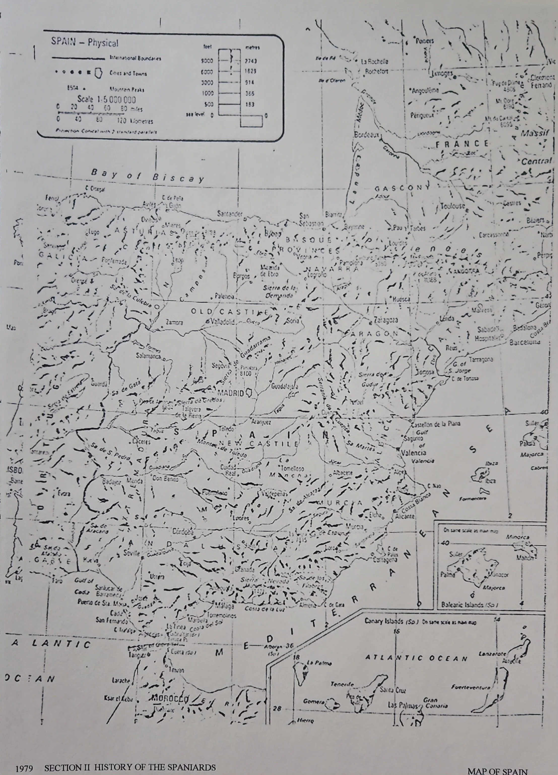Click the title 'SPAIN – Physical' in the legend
click(85, 43)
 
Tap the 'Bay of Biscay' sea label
click(147, 176)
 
